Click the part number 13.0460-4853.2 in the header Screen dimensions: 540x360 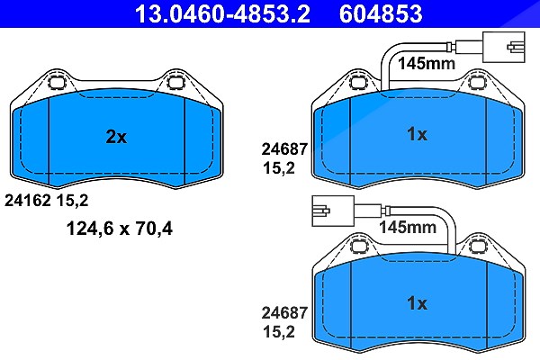click(x=222, y=13)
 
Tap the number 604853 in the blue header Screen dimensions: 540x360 click(x=381, y=13)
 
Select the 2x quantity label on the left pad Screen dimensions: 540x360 click(x=116, y=137)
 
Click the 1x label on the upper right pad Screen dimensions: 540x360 click(x=417, y=134)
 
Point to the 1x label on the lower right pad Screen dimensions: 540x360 click(x=417, y=303)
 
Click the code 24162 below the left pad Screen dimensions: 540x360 click(x=28, y=200)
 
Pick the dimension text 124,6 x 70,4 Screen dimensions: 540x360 click(x=120, y=229)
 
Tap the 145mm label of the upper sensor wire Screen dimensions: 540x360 click(x=427, y=63)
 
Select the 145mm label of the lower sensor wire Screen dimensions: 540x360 click(x=408, y=227)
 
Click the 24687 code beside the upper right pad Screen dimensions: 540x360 click(x=284, y=149)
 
